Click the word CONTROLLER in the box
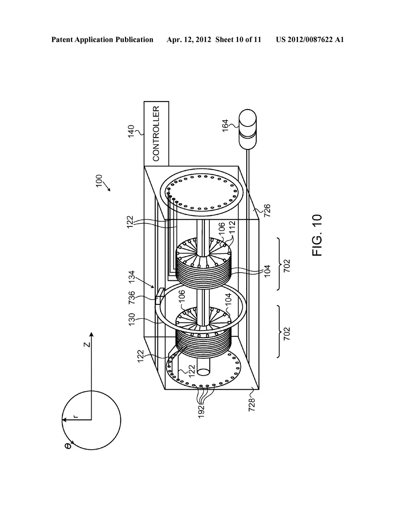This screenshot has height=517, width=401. (x=156, y=134)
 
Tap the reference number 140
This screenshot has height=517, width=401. (x=131, y=131)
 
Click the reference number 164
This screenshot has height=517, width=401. (x=225, y=125)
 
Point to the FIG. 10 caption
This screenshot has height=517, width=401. (x=317, y=235)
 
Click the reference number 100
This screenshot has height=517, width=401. (x=99, y=181)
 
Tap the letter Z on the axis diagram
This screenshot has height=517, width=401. (x=88, y=345)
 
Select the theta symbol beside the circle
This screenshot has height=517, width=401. (x=68, y=446)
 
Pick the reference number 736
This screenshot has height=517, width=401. (x=132, y=297)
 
